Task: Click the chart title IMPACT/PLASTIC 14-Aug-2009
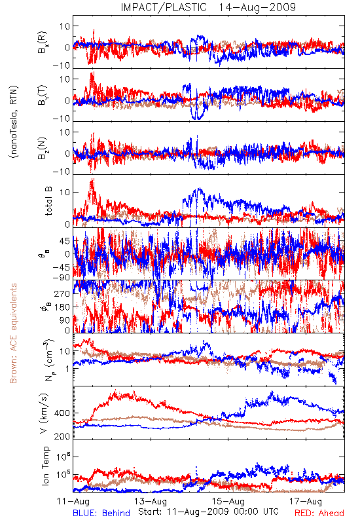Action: pyautogui.click(x=208, y=7)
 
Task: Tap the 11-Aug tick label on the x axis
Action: pyautogui.click(x=73, y=501)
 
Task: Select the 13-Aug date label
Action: pyautogui.click(x=151, y=501)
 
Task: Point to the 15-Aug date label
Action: pyautogui.click(x=228, y=501)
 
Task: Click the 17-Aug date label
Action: pyautogui.click(x=306, y=501)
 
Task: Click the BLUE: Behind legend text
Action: pyautogui.click(x=101, y=513)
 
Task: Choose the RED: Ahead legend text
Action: pyautogui.click(x=319, y=513)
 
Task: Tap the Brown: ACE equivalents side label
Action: pyautogui.click(x=13, y=333)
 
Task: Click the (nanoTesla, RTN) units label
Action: pyautogui.click(x=14, y=121)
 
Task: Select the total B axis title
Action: pyautogui.click(x=48, y=201)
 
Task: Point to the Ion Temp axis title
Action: pyautogui.click(x=45, y=466)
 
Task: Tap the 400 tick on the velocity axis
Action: pyautogui.click(x=62, y=413)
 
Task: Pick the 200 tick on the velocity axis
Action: pyautogui.click(x=62, y=436)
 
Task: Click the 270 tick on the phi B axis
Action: pyautogui.click(x=62, y=293)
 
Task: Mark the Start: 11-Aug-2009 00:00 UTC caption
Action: pyautogui.click(x=208, y=512)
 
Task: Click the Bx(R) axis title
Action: pyautogui.click(x=43, y=43)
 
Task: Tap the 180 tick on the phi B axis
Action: pyautogui.click(x=62, y=307)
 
